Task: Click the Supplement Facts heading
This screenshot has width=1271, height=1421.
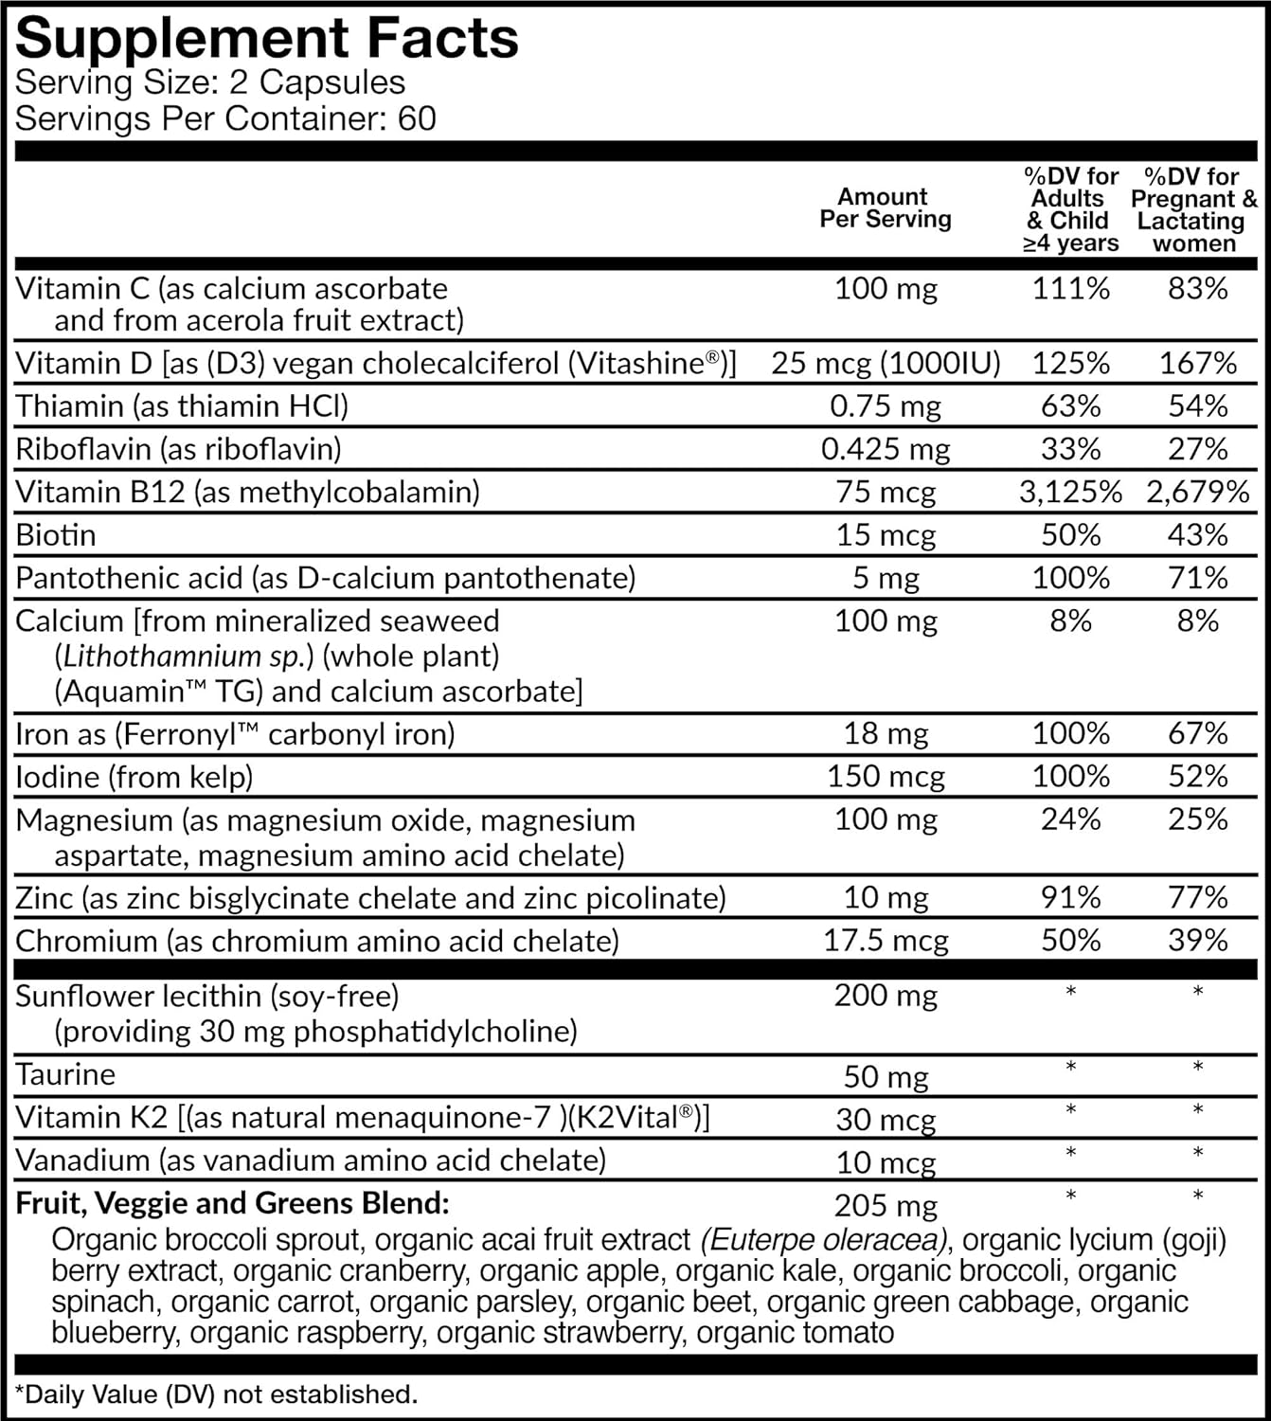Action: [267, 38]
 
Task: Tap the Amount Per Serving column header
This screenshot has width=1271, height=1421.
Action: [885, 208]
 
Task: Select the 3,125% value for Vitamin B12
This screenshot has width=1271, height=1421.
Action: [1070, 492]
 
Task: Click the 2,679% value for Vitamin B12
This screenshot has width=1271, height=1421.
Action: [1197, 492]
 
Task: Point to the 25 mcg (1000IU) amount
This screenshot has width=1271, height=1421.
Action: [886, 364]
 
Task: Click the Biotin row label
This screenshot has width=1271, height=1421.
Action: [56, 535]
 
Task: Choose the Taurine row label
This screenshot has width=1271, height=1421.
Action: [65, 1074]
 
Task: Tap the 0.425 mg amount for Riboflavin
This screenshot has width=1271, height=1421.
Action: [886, 449]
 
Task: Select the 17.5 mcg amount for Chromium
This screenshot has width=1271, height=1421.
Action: [886, 941]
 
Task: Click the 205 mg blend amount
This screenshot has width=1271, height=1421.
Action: [886, 1205]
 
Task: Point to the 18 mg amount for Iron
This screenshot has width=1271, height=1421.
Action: [886, 734]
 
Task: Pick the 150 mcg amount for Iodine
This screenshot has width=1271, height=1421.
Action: [886, 777]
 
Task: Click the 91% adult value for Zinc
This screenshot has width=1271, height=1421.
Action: [1070, 897]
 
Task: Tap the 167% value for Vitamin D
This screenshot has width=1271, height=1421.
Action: [1197, 364]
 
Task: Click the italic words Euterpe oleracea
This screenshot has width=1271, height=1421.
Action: [824, 1239]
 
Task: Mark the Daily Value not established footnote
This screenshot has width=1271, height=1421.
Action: [217, 1394]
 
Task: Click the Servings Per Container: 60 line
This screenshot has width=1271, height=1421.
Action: [225, 119]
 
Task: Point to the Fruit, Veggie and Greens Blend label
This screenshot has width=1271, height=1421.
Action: [232, 1203]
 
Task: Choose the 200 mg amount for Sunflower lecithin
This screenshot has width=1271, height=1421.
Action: [886, 996]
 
